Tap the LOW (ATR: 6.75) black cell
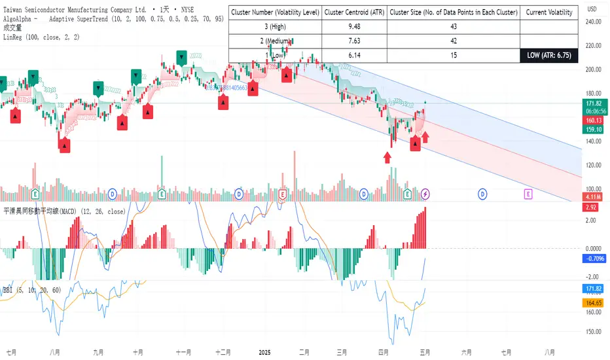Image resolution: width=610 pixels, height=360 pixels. [x=548, y=56]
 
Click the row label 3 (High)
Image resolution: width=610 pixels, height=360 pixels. [x=275, y=26]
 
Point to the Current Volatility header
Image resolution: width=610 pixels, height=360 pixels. [x=548, y=12]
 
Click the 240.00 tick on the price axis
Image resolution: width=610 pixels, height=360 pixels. [x=594, y=21]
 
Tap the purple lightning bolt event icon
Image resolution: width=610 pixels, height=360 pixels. [x=426, y=194]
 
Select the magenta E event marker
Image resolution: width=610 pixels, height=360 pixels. [x=528, y=194]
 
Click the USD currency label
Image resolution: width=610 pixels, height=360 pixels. [x=592, y=9]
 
